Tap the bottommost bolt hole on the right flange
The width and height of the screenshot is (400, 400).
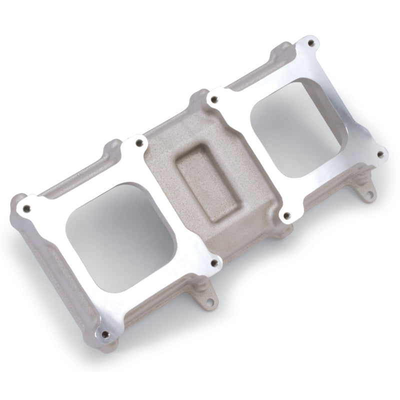286,216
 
